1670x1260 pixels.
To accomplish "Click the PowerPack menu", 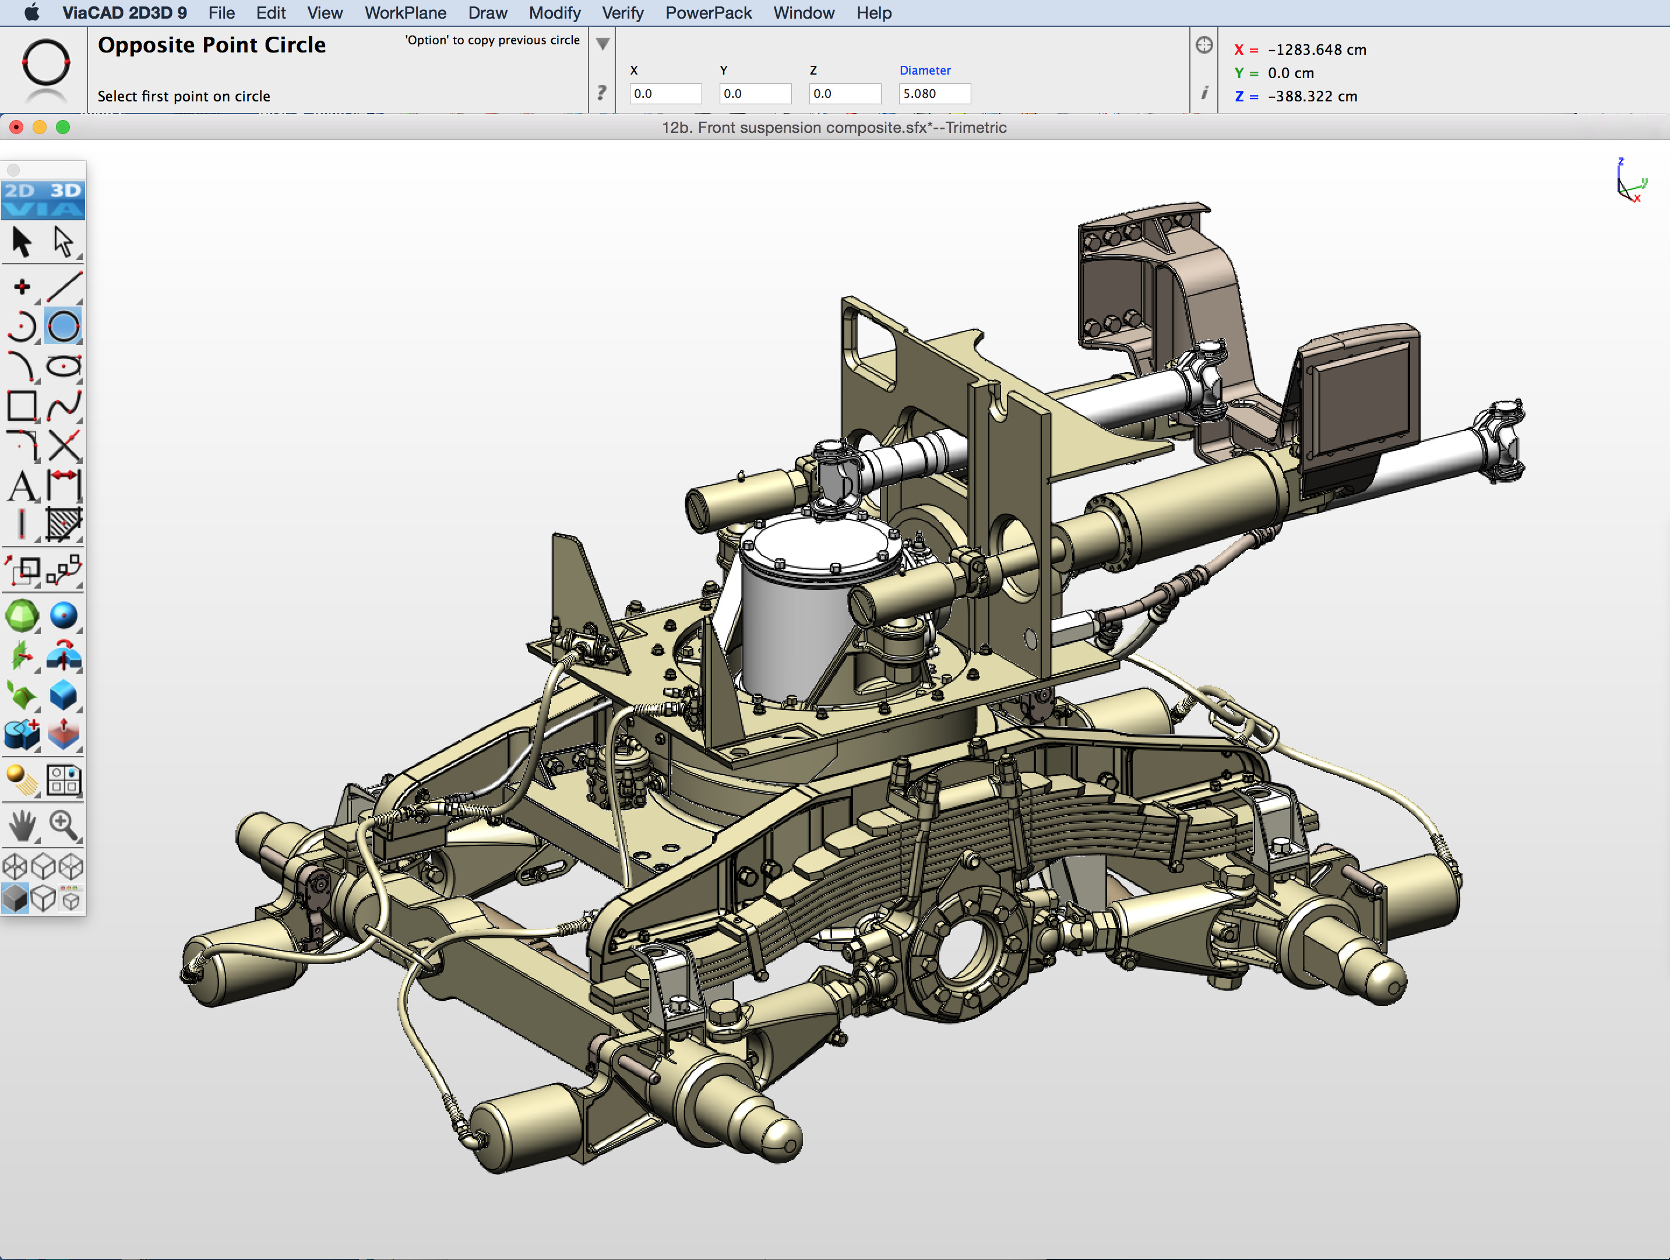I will click(707, 13).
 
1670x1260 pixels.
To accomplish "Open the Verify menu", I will click(622, 13).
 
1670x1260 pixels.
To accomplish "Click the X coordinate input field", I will click(664, 94).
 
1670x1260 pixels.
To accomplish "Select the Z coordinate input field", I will click(844, 94).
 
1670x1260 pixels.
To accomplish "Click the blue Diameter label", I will click(924, 70).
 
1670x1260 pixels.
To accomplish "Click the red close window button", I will click(16, 128).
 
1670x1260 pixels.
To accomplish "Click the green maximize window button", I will click(64, 128).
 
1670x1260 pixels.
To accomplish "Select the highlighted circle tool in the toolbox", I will click(64, 327).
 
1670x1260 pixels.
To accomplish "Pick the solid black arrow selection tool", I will click(21, 242).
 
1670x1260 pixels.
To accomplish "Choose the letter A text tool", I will click(22, 485).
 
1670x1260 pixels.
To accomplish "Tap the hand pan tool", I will click(22, 825).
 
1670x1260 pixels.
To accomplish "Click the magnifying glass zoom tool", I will click(64, 825).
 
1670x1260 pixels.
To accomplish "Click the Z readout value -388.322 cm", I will click(1312, 97).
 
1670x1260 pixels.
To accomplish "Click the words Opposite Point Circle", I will click(212, 45).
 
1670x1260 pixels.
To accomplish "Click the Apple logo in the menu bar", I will click(31, 13).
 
